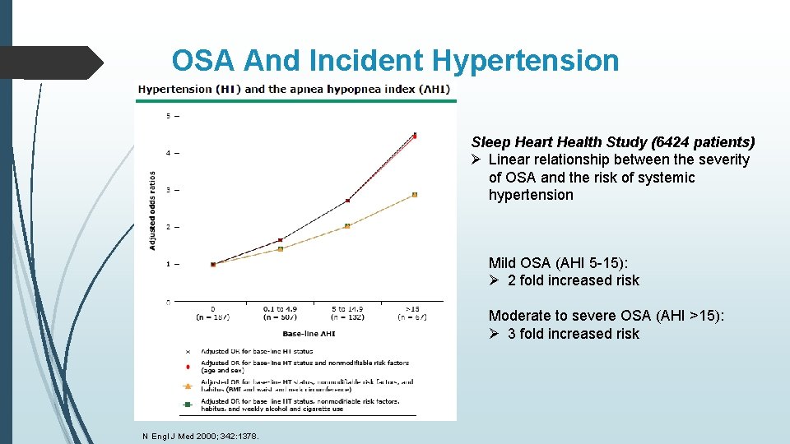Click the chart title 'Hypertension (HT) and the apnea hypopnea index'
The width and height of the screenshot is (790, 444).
[x=294, y=89]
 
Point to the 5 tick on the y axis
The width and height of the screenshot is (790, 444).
[x=169, y=116]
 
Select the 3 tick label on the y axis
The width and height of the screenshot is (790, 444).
[x=169, y=190]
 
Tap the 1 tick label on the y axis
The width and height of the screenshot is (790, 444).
[x=169, y=264]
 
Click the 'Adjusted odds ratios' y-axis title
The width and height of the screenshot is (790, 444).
[x=152, y=210]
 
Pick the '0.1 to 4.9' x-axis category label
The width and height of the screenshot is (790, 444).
[x=280, y=309]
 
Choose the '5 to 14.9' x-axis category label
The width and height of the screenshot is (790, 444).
[x=346, y=309]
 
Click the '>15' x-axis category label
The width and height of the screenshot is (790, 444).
[x=414, y=309]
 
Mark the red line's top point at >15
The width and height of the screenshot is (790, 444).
[x=415, y=136]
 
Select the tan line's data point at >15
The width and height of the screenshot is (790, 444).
[x=415, y=195]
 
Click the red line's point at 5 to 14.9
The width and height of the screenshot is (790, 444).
[x=347, y=200]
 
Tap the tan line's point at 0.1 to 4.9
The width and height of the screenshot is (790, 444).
[x=281, y=248]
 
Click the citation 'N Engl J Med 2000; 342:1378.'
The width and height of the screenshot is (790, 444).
[x=198, y=436]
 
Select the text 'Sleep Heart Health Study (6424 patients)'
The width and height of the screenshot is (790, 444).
[x=612, y=142]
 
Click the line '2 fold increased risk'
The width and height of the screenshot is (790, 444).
[x=573, y=280]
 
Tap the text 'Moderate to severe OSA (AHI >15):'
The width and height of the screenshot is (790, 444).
[x=606, y=316]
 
